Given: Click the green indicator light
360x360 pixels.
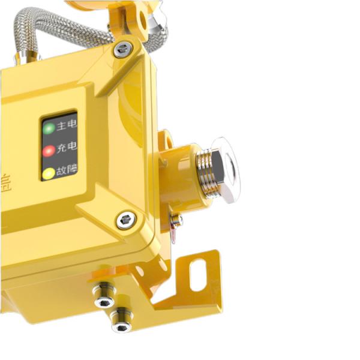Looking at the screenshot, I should click(x=49, y=128).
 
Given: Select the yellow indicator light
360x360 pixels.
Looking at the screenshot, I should click(x=48, y=174).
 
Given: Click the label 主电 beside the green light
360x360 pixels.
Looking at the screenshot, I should click(x=67, y=127).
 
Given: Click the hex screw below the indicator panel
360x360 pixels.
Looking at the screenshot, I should click(x=125, y=220).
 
